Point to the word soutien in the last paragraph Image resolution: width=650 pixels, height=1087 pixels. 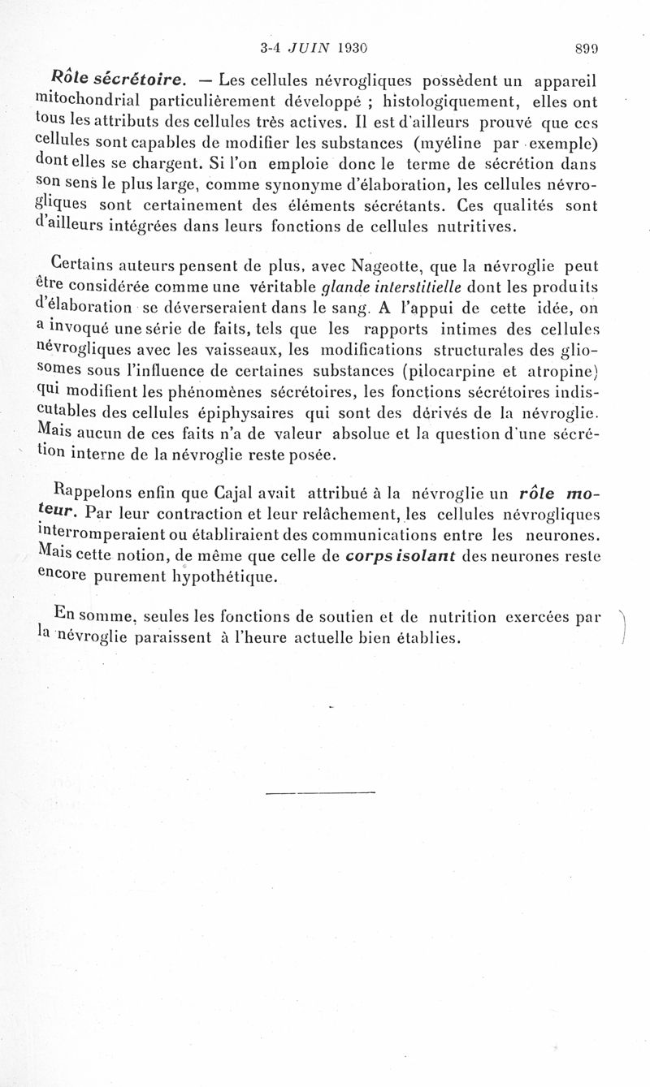380,616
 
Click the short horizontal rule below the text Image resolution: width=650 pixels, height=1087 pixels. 319,792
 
